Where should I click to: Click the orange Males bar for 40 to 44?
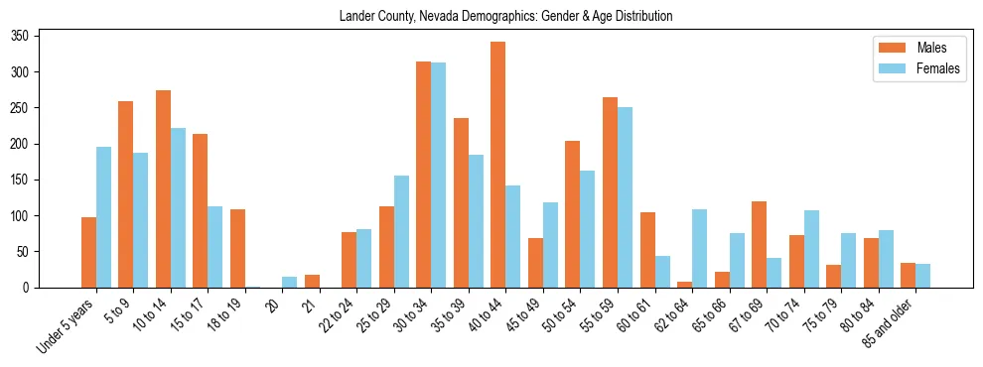tap(498, 165)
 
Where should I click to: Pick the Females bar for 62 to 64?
tap(699, 248)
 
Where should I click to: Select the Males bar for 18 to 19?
tap(237, 248)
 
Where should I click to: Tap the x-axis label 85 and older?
tap(894, 323)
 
